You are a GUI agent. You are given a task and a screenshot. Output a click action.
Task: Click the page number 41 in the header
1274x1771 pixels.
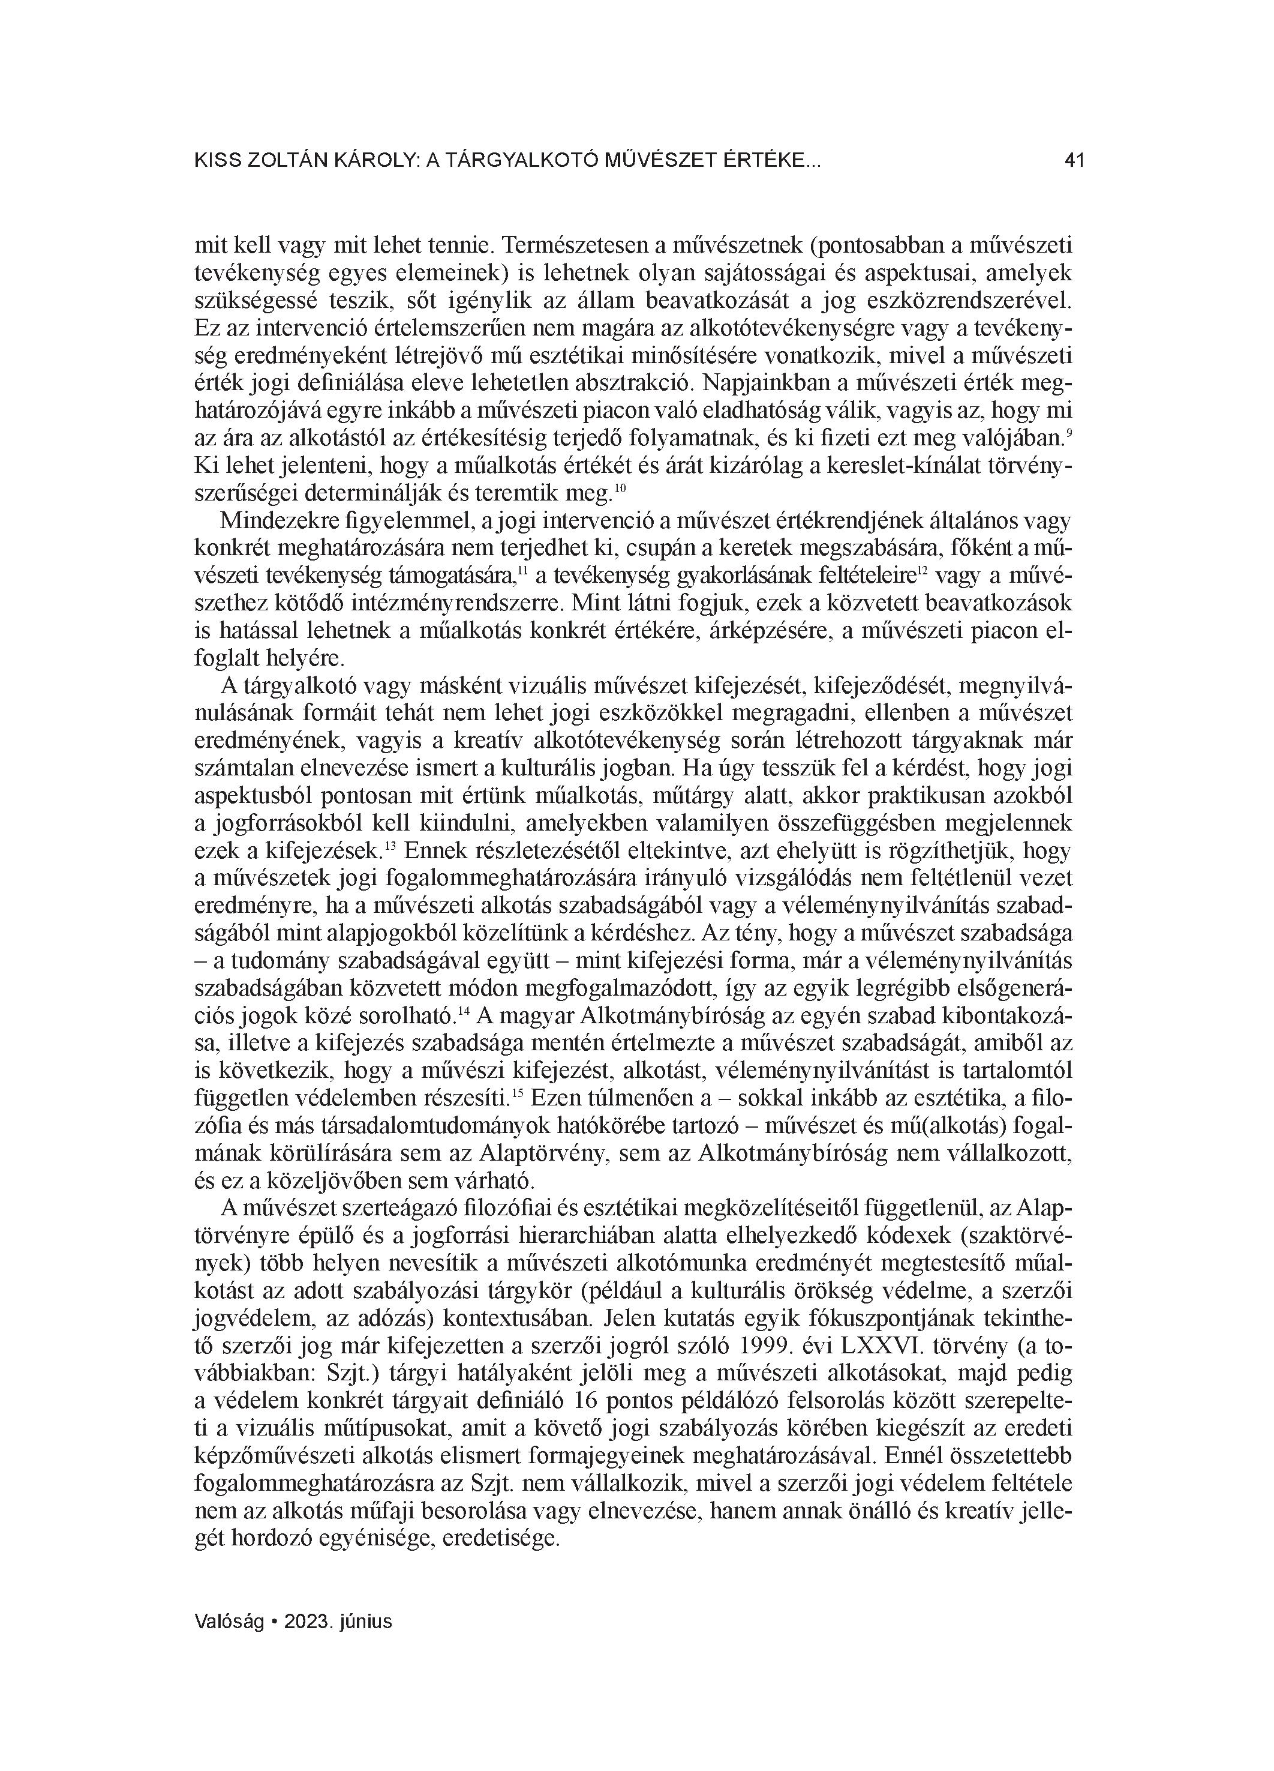1074,161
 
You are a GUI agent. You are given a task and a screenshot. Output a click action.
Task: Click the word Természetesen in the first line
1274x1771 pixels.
573,247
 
